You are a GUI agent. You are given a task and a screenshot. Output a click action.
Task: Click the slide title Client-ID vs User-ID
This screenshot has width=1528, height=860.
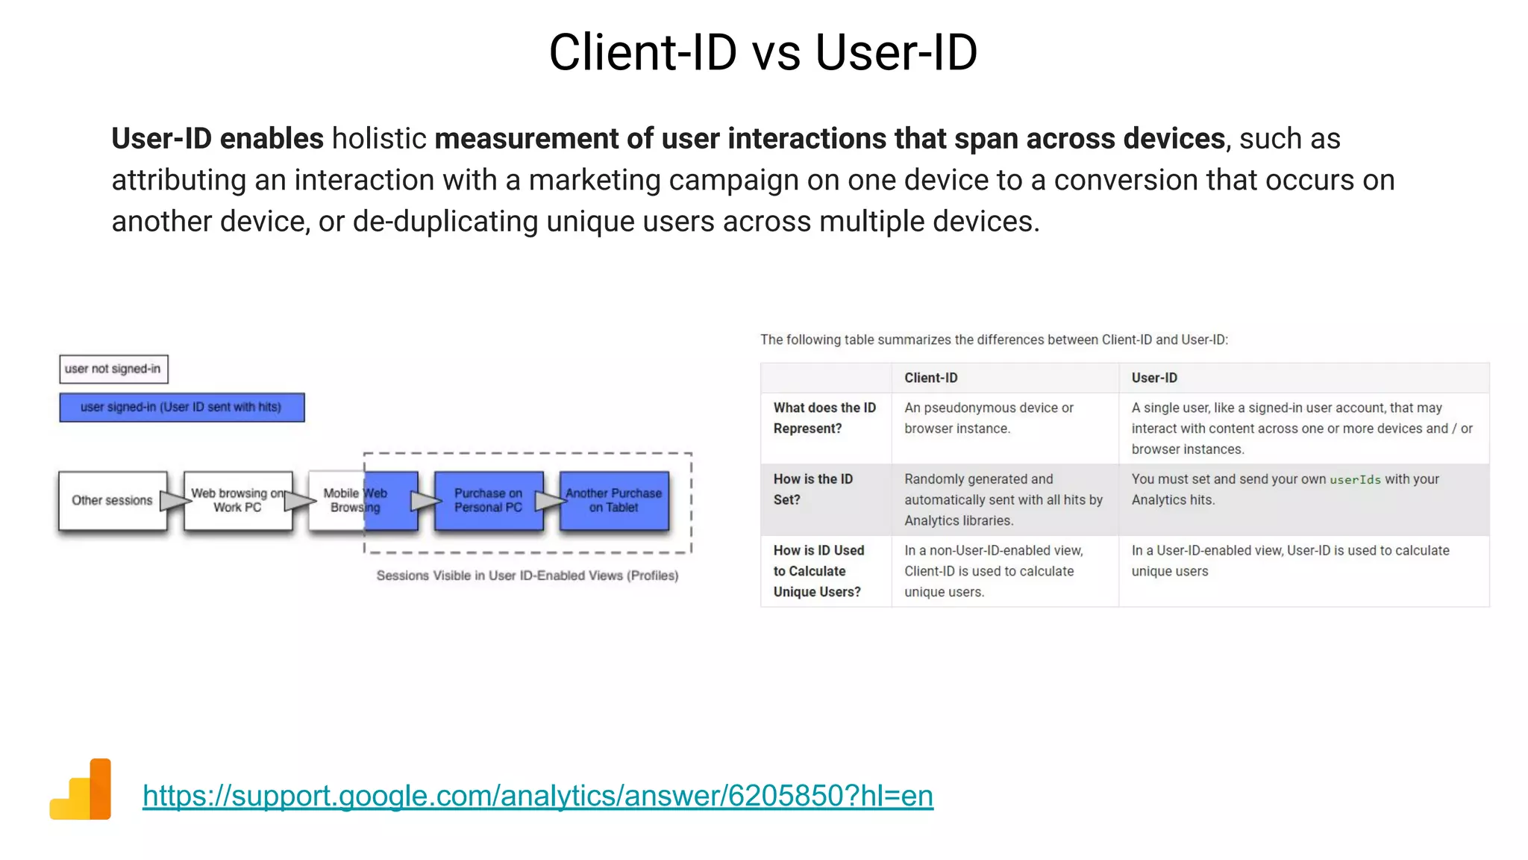pos(763,52)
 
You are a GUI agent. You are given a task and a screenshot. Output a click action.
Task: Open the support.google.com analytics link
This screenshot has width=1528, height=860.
pos(537,796)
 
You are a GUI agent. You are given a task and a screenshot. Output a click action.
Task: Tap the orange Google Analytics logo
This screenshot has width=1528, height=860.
pos(81,790)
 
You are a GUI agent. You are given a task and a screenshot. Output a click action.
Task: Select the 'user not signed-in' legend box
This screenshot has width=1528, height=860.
pos(113,369)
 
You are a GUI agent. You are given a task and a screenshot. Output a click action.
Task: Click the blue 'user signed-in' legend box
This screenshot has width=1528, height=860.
pos(181,408)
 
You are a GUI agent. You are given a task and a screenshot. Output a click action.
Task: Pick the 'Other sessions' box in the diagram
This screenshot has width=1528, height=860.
pos(112,500)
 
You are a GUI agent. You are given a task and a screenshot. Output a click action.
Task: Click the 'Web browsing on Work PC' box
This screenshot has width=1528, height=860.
pos(237,500)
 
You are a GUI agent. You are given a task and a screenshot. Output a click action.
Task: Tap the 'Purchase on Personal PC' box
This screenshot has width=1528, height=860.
pos(488,500)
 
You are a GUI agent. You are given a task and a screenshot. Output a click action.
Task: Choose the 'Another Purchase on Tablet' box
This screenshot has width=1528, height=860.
pos(613,500)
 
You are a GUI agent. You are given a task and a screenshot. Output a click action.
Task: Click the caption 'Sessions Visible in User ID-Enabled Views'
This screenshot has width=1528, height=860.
pos(527,576)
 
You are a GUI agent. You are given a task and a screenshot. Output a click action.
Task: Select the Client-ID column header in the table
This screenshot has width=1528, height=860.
pos(930,378)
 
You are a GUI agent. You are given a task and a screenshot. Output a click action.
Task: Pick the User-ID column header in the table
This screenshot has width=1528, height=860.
pos(1154,378)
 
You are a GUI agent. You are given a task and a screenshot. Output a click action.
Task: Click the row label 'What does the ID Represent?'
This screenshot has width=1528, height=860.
pos(824,418)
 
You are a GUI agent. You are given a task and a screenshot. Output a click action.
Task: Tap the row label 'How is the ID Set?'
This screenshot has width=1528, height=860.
pos(812,489)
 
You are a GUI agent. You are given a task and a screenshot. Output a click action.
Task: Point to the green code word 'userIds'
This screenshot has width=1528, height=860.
pos(1355,480)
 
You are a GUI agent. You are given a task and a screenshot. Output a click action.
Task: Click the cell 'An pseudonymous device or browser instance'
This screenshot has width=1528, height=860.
pos(988,418)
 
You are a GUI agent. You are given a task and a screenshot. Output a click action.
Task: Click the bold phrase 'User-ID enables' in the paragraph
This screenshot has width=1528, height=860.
pos(217,139)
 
